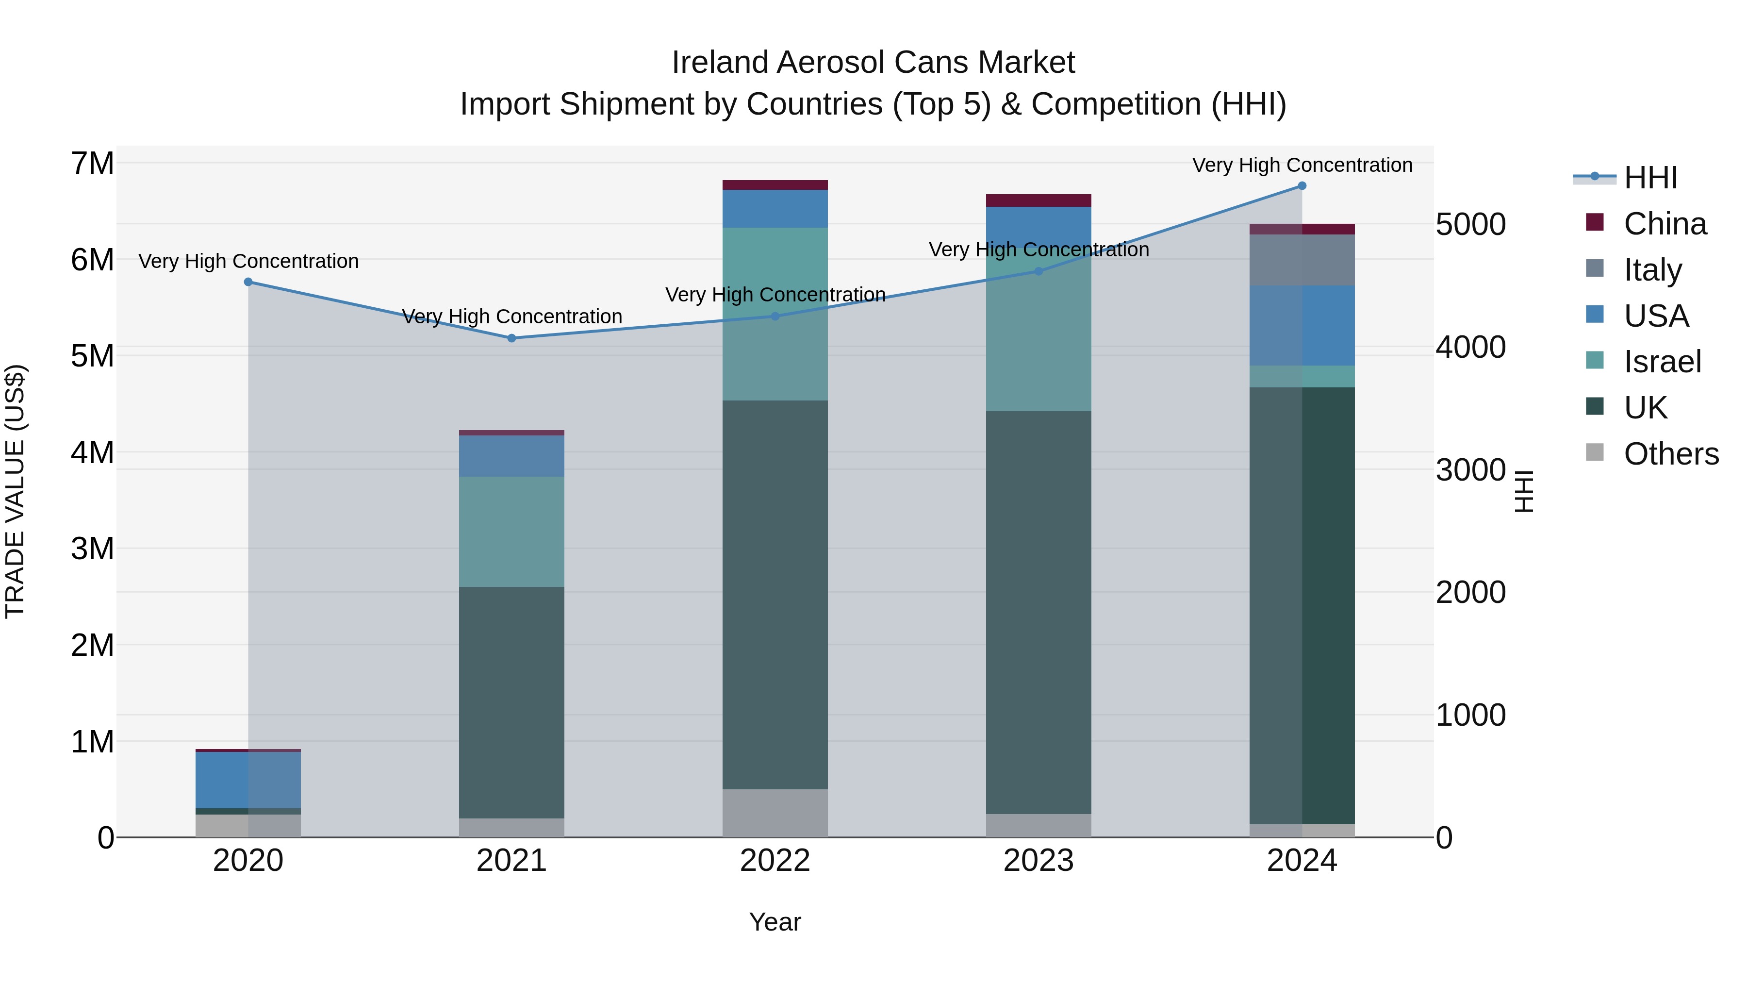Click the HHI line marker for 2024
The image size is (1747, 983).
tap(1302, 186)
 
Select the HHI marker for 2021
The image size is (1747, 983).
tap(511, 338)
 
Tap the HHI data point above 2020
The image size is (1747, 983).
tap(248, 282)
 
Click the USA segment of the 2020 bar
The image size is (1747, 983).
tap(248, 780)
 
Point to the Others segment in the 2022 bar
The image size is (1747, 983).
tap(775, 813)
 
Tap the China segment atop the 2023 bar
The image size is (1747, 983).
tap(1038, 200)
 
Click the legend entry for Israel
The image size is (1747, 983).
tap(1662, 362)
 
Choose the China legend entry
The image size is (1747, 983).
tap(1665, 224)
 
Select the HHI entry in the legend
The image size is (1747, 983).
tap(1650, 178)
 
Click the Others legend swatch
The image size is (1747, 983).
tap(1595, 452)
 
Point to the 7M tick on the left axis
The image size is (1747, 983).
tap(92, 164)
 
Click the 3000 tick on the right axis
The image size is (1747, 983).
tap(1470, 469)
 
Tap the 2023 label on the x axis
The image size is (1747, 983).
tap(1038, 861)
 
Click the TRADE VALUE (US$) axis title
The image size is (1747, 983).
tap(15, 491)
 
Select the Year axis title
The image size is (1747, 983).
tap(775, 922)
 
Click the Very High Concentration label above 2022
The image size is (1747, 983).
tap(775, 295)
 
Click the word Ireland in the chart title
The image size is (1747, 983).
tap(720, 63)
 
